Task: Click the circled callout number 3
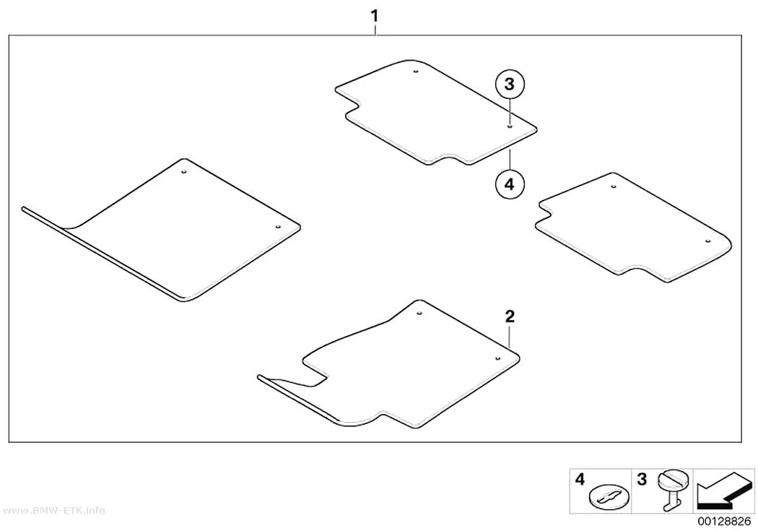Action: pyautogui.click(x=510, y=85)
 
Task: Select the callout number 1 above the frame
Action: pyautogui.click(x=374, y=16)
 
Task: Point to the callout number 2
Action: pyautogui.click(x=510, y=316)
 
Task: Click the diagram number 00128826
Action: pyautogui.click(x=724, y=522)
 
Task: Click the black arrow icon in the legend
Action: pyautogui.click(x=723, y=491)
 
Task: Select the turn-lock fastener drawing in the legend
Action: pyautogui.click(x=672, y=489)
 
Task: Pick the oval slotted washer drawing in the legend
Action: pyautogui.click(x=609, y=497)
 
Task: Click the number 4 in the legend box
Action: pyautogui.click(x=580, y=479)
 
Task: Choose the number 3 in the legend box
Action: pyautogui.click(x=642, y=479)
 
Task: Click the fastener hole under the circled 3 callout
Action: pyautogui.click(x=510, y=126)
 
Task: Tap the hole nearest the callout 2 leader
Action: pyautogui.click(x=497, y=358)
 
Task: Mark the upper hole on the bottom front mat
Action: pyautogui.click(x=419, y=313)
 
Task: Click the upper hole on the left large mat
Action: pyautogui.click(x=183, y=171)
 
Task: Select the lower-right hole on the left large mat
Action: pyautogui.click(x=278, y=226)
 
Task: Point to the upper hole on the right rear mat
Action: pyautogui.click(x=614, y=186)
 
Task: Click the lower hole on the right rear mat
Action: pyautogui.click(x=707, y=241)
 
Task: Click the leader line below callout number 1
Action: pyautogui.click(x=375, y=29)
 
